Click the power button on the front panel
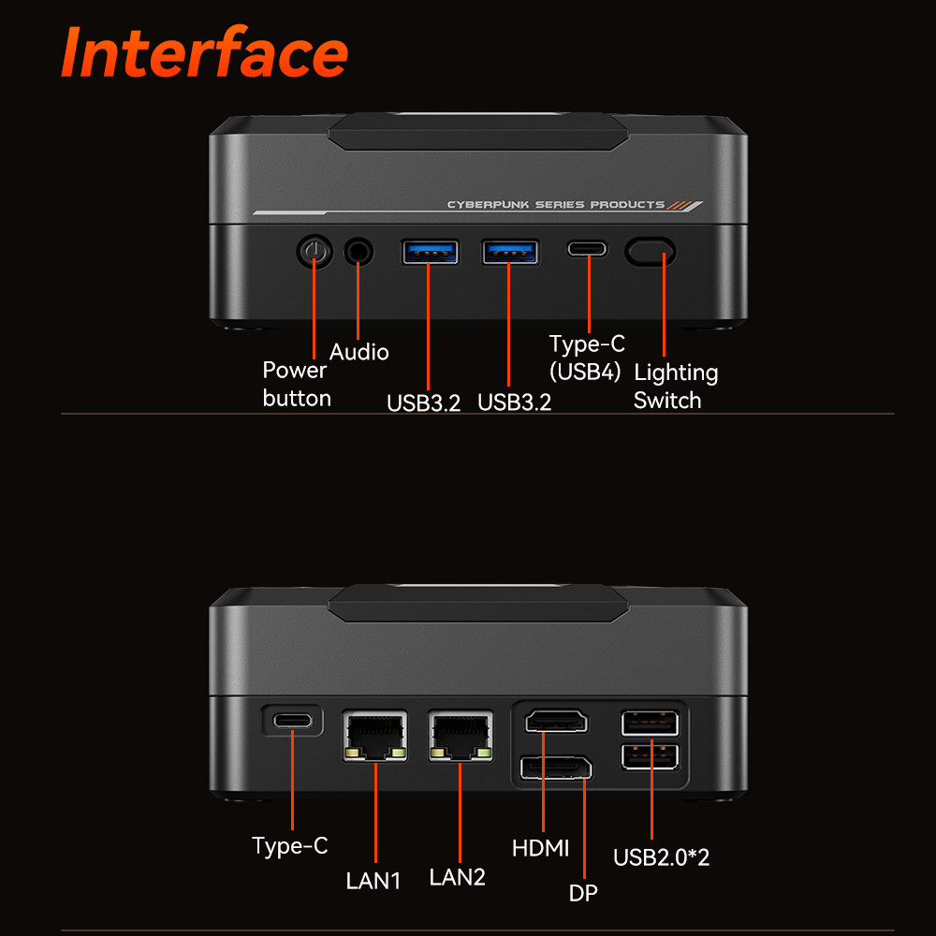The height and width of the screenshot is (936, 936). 314,251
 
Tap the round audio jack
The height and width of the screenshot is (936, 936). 358,251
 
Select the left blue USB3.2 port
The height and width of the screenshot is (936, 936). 430,251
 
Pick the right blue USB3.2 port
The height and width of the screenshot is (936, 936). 510,251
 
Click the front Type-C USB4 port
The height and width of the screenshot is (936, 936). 588,248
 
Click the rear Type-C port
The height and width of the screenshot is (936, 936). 292,721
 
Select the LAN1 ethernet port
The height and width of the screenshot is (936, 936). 375,736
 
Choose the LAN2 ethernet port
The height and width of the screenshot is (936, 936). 461,736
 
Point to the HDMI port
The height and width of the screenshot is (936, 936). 556,722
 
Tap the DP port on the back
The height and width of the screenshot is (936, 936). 556,768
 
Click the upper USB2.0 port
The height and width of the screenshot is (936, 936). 650,724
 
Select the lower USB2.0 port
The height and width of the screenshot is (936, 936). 650,757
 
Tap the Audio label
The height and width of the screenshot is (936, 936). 358,352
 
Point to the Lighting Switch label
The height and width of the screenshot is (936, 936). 675,387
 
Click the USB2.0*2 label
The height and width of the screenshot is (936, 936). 662,857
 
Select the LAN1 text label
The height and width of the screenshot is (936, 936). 373,881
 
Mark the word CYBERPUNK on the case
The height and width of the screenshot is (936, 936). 488,205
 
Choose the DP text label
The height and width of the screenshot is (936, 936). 583,893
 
